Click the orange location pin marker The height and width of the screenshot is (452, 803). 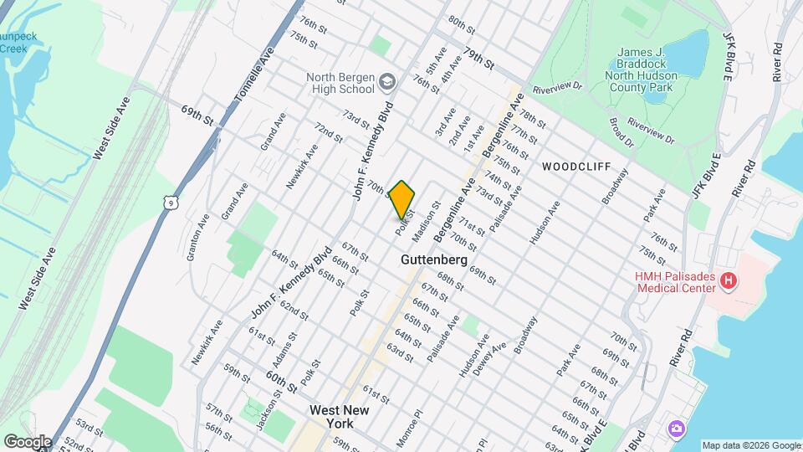(402, 199)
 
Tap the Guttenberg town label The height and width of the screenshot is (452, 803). (432, 259)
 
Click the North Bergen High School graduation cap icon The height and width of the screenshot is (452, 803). (387, 81)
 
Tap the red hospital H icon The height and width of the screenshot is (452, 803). (729, 281)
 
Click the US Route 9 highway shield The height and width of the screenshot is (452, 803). (171, 201)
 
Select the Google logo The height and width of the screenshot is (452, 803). (27, 441)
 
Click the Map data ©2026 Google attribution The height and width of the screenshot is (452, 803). (751, 445)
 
